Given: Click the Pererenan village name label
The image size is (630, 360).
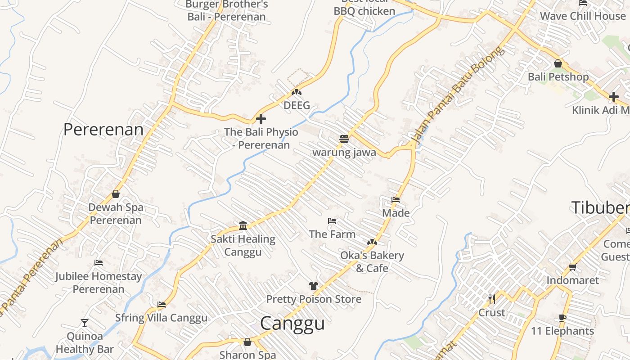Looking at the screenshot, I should (103, 130).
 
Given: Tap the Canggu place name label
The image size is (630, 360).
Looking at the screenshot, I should (292, 324).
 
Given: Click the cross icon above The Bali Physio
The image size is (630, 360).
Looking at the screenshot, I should (261, 119).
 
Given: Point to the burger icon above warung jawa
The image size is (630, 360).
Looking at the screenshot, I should (344, 139).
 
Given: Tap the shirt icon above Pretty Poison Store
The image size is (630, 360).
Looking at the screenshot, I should (314, 286).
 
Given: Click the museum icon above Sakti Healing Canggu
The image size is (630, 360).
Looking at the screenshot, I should (243, 225).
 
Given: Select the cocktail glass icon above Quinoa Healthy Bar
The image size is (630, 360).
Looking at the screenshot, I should (85, 323).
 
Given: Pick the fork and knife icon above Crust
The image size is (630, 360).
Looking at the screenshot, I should (492, 299).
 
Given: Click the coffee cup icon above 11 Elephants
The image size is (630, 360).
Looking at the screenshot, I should (562, 318).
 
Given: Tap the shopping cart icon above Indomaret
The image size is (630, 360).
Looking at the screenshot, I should (573, 267).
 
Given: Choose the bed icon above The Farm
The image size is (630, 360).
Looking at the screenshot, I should (332, 221).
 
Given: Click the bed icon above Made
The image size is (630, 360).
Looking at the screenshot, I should (396, 200).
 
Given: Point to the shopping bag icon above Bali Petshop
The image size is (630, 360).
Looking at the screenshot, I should (558, 63).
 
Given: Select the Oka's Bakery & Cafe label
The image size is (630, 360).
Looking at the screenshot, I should (372, 261).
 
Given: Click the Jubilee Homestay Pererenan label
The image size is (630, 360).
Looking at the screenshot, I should (99, 283).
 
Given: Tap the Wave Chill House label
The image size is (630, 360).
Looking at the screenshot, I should (583, 16).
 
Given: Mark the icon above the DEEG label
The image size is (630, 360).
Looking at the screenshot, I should (296, 92).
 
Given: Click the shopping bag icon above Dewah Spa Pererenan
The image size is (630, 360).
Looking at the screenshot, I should (116, 194).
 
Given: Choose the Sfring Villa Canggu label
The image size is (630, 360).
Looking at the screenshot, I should (162, 318).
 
